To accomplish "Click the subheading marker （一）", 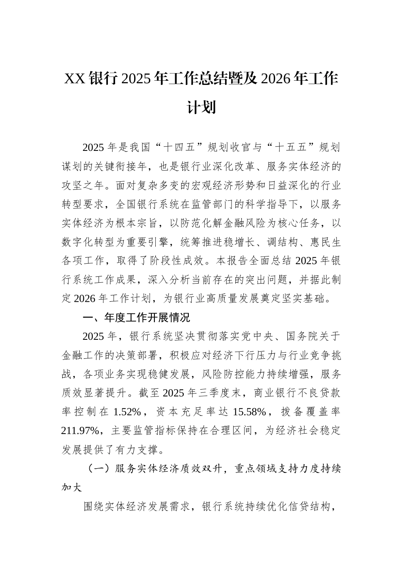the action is pyautogui.click(x=99, y=469).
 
